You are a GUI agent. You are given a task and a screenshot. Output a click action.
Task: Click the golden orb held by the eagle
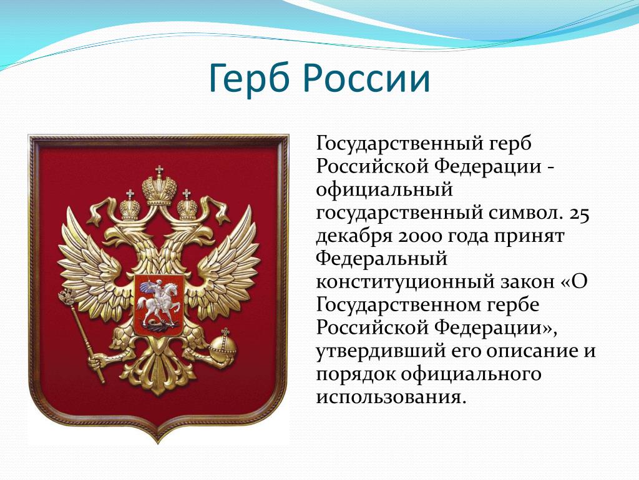tap(223, 346)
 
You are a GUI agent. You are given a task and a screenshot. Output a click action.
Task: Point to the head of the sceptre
tap(67, 297)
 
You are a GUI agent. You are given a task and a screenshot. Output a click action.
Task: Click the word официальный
tap(384, 190)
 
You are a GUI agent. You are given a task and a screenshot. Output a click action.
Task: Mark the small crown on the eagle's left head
tap(130, 206)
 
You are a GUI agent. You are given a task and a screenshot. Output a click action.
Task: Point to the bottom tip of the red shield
tap(158, 443)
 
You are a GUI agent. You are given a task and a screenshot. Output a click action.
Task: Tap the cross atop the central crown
tap(159, 170)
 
